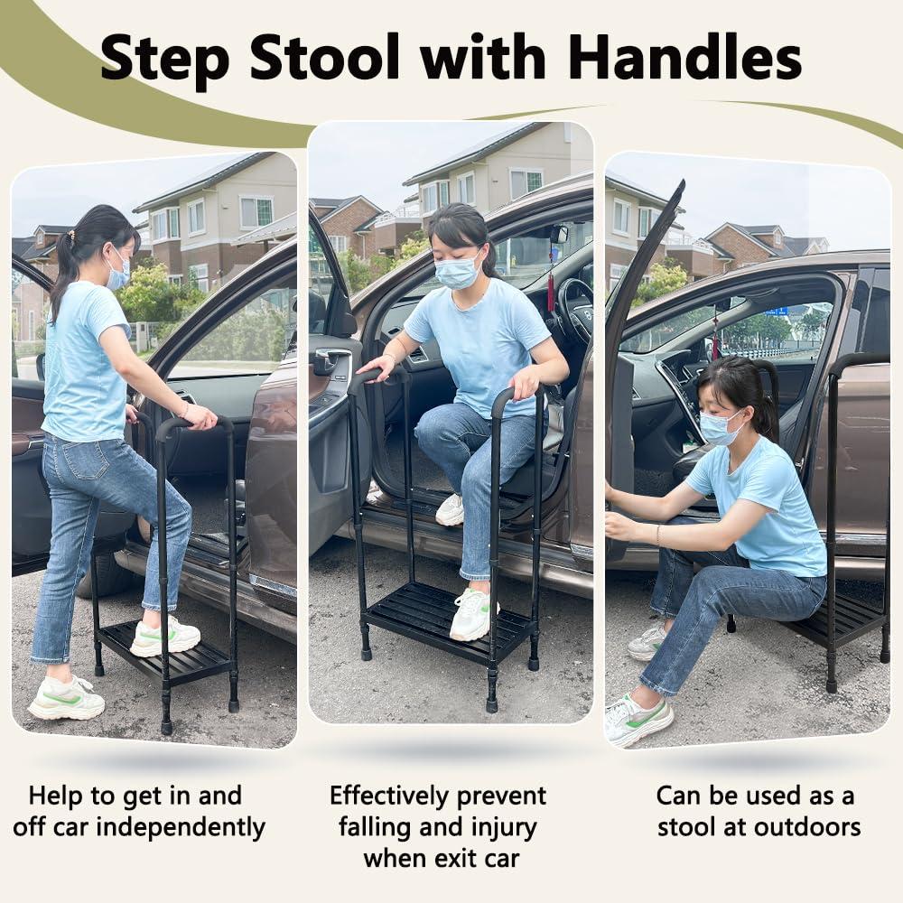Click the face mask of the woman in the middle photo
pos(457,272)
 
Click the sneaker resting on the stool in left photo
pos(164,636)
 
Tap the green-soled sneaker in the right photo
pos(638,719)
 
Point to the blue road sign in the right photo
pos(776,311)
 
